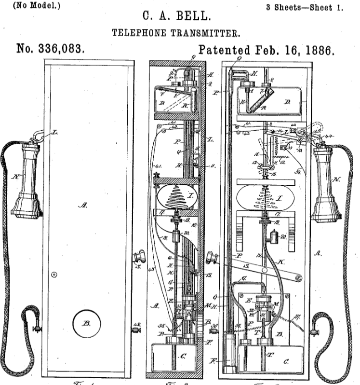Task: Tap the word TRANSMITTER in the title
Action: coord(203,33)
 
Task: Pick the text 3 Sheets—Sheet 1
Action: coord(305,7)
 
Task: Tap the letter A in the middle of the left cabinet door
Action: coord(83,205)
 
